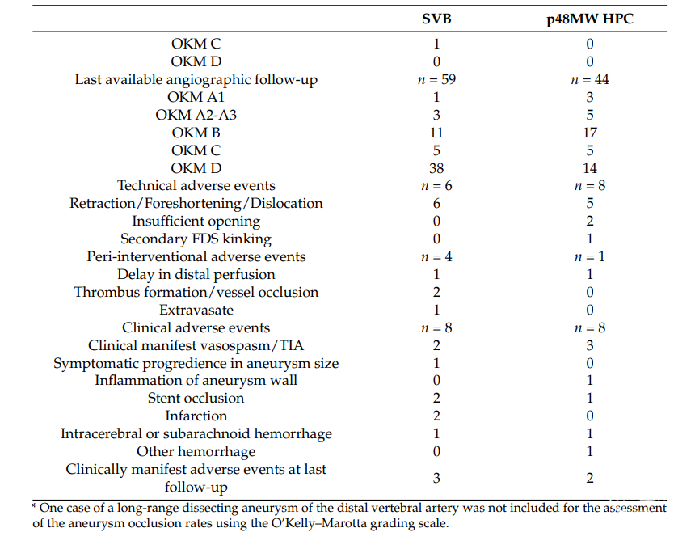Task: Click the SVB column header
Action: [x=436, y=19]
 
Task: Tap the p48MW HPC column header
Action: [x=589, y=19]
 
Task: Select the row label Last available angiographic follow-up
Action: [x=196, y=80]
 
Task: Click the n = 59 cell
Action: [x=436, y=79]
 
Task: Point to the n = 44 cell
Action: [x=589, y=79]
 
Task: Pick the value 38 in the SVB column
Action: [x=436, y=168]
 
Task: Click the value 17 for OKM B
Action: [x=589, y=133]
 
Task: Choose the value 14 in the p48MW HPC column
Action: [x=589, y=168]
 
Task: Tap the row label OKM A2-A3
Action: [x=196, y=115]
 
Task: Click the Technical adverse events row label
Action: [x=196, y=185]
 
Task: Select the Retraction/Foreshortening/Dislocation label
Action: [x=196, y=203]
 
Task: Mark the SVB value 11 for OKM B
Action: [x=436, y=133]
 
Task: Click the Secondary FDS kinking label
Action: [x=196, y=239]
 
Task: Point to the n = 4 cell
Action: [x=436, y=257]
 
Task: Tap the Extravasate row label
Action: [x=196, y=310]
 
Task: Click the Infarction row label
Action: [x=196, y=416]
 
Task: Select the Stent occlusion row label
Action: [x=196, y=398]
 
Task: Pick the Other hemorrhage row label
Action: [x=196, y=451]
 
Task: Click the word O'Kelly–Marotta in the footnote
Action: [x=318, y=523]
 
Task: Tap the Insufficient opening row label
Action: [x=196, y=222]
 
